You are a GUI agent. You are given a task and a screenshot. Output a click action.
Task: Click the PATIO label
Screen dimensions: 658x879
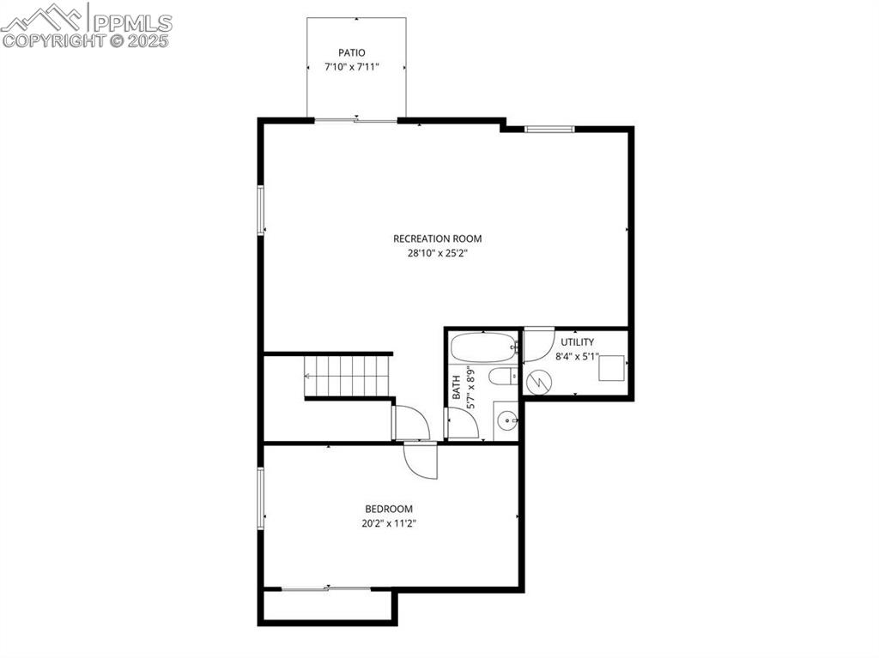[351, 53]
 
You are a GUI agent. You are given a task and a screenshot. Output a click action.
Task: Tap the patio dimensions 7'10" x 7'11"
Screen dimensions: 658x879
[351, 66]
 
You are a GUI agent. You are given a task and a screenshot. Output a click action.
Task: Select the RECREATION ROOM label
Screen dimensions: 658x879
[438, 238]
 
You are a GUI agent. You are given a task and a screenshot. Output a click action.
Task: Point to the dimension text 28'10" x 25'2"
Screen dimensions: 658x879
[438, 253]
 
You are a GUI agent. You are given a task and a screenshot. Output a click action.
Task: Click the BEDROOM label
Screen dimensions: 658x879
[389, 509]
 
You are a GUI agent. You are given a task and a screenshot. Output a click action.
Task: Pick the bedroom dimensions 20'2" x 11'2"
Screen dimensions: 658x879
[389, 522]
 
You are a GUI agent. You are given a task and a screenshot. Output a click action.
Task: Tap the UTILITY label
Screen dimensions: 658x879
[577, 342]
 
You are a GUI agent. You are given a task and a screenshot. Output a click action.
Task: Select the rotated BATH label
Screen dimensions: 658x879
[457, 389]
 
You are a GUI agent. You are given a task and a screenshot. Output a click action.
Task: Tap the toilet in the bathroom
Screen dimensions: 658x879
[502, 376]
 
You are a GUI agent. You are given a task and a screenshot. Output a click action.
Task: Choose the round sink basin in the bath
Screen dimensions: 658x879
[507, 420]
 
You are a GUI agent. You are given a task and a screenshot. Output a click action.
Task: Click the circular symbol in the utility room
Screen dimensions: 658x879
[538, 381]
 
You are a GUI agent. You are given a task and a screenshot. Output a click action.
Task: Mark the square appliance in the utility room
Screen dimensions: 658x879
[610, 369]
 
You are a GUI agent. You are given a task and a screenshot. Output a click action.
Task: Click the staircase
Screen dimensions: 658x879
[349, 377]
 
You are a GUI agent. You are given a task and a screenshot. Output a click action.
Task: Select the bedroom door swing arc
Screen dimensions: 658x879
[421, 462]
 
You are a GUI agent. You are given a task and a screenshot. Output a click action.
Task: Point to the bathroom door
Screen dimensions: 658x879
[462, 424]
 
